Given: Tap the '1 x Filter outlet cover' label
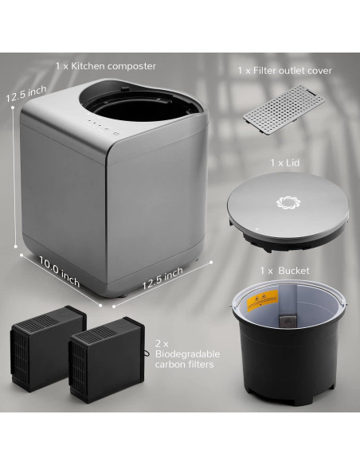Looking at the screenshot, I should point(284,71).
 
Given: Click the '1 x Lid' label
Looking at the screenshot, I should point(283,162).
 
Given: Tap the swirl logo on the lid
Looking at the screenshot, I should point(284,202).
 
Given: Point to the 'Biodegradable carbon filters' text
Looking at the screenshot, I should point(184,358).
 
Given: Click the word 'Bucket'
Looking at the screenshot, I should point(294,271).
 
